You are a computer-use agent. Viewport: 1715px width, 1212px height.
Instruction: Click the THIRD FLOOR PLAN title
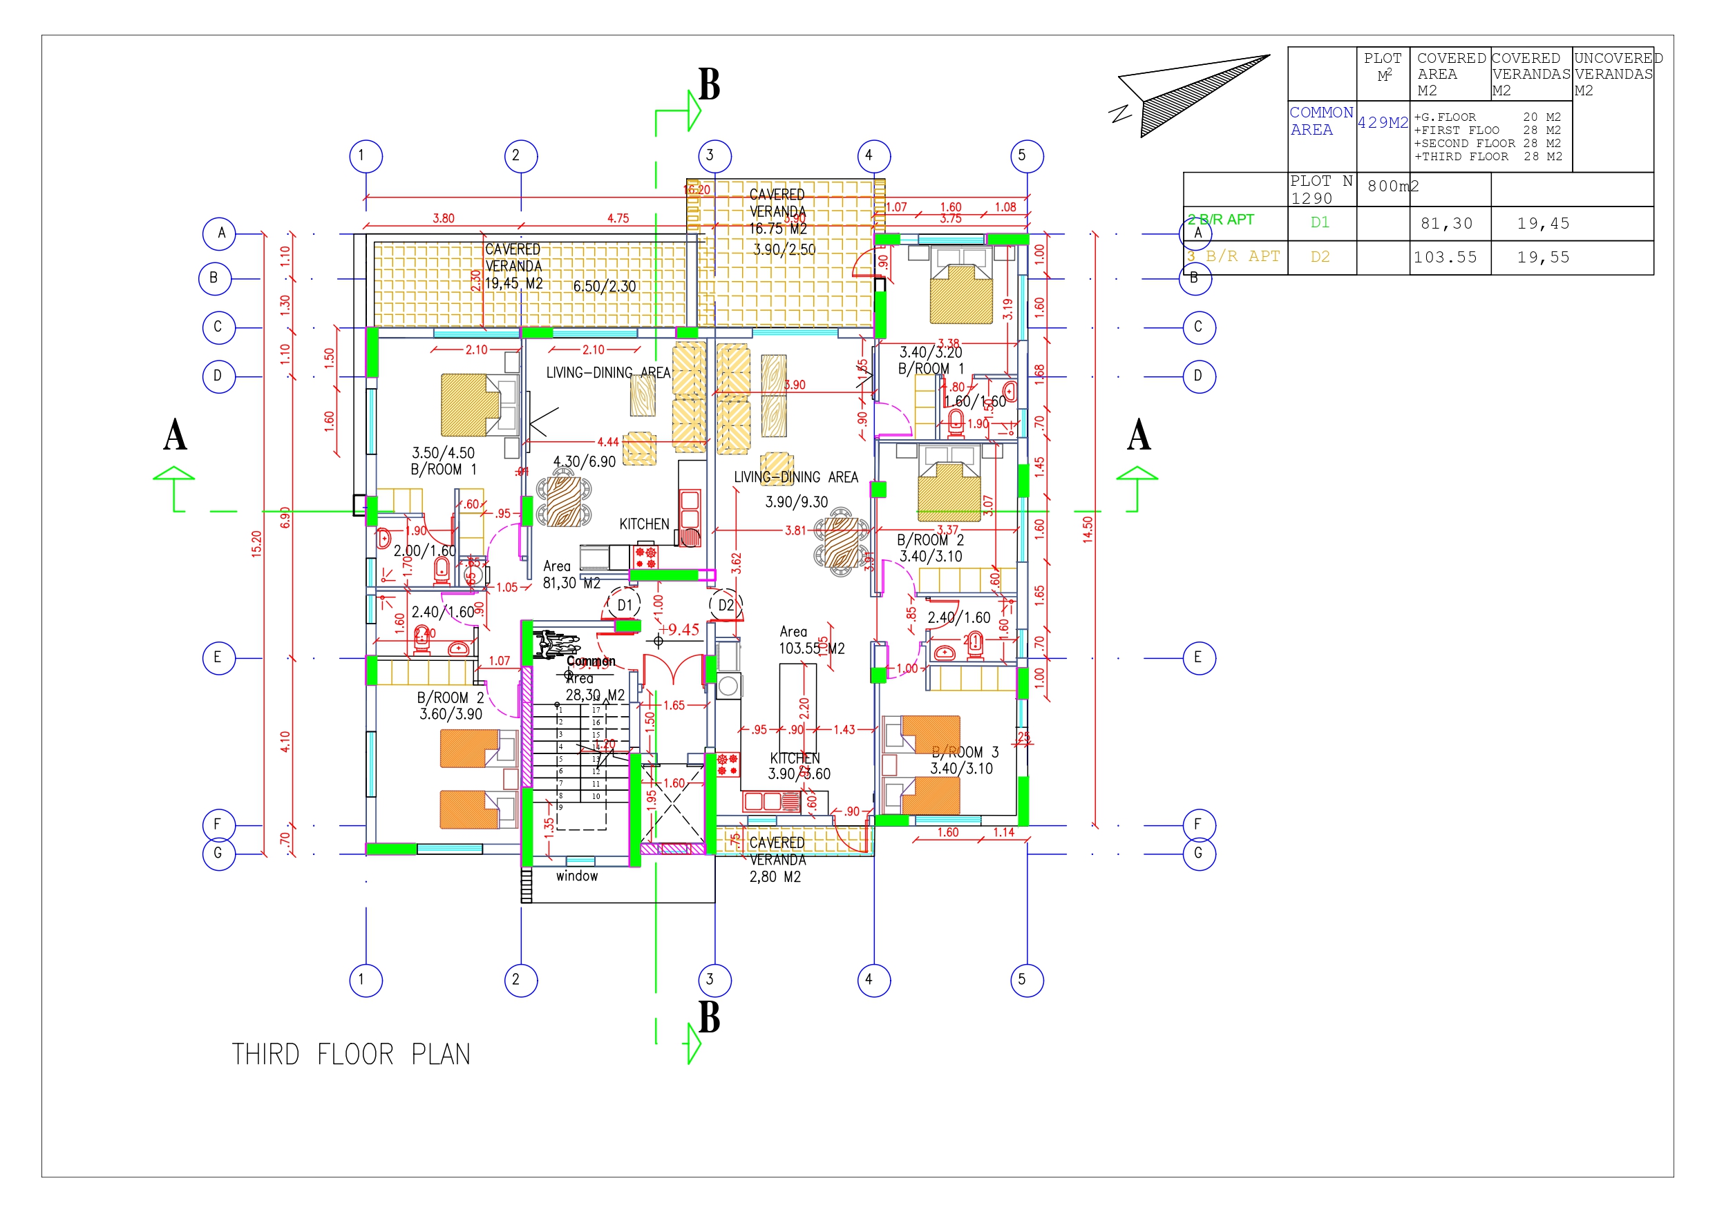(350, 1054)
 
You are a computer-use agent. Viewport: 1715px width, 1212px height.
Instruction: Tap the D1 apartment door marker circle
(625, 605)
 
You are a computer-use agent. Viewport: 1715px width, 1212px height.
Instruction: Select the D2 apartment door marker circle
(726, 605)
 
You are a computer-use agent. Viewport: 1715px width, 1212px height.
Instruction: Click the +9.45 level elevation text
(679, 630)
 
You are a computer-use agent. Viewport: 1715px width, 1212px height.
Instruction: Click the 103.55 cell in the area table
(1445, 258)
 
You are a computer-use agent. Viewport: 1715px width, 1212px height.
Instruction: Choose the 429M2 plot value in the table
(1383, 123)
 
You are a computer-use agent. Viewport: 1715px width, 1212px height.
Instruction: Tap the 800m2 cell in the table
(1392, 186)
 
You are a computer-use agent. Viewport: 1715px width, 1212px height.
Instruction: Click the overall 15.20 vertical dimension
(256, 543)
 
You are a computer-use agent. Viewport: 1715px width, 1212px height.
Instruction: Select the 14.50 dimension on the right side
(1088, 529)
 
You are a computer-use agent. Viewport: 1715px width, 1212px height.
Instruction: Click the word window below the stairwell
(577, 876)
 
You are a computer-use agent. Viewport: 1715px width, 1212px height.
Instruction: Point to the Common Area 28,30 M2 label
(592, 678)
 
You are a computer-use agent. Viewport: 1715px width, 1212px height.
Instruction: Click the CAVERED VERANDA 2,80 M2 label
(776, 860)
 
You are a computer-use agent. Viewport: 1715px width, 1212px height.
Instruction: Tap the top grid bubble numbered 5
(1026, 156)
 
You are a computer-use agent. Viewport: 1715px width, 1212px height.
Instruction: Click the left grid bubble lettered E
(218, 658)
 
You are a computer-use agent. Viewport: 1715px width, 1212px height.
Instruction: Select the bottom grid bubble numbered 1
(366, 980)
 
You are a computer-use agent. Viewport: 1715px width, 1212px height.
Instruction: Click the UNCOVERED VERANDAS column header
(1616, 74)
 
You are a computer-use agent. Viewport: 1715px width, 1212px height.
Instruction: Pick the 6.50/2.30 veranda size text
(605, 287)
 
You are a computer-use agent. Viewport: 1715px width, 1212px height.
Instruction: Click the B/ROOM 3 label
(964, 752)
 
